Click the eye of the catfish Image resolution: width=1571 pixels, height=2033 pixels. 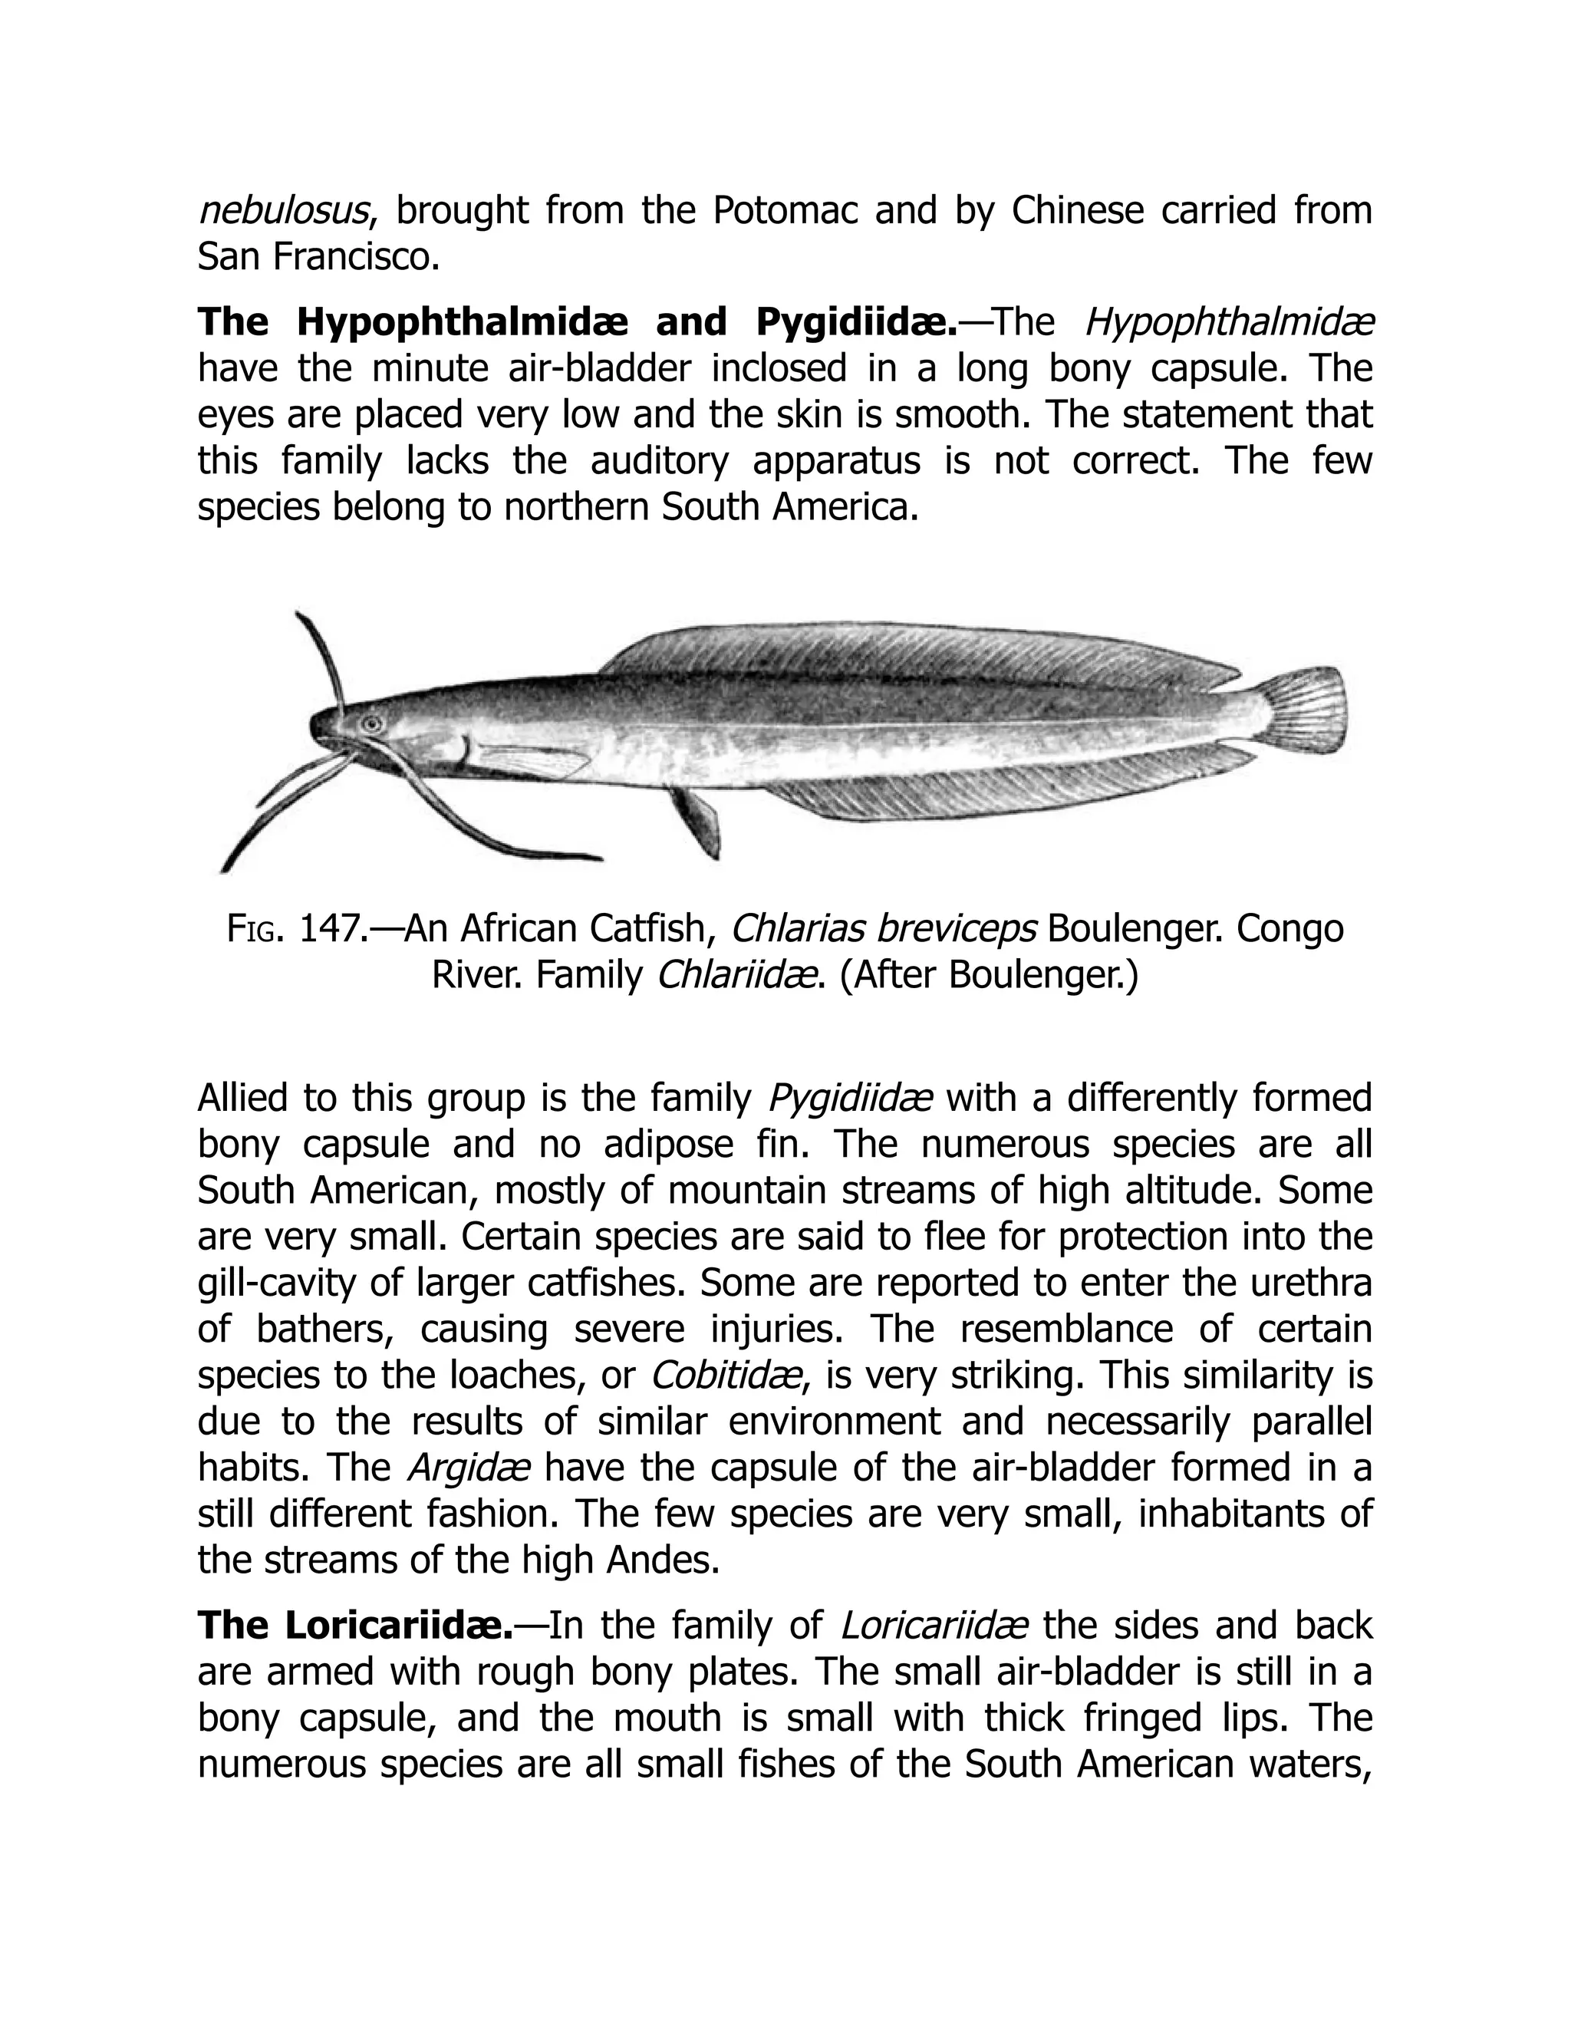(x=372, y=723)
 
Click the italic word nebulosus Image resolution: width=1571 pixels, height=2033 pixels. (x=285, y=211)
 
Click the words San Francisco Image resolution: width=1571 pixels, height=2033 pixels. (x=318, y=258)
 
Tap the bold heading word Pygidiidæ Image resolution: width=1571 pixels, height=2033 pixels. (x=856, y=322)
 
